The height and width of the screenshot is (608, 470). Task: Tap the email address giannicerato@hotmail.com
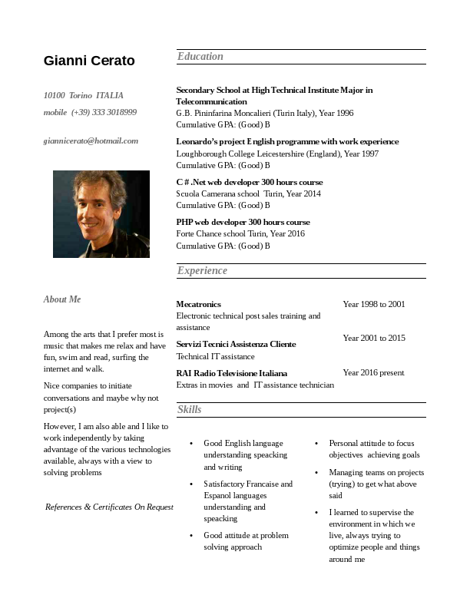[x=91, y=140]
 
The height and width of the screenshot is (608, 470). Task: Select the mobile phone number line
[x=90, y=112]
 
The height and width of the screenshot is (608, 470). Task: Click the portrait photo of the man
[x=101, y=214]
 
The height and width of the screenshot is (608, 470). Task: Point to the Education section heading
[x=200, y=56]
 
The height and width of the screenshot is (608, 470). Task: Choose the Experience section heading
[x=202, y=270]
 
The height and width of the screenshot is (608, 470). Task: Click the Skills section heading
[x=189, y=409]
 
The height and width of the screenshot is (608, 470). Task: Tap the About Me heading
[x=62, y=299]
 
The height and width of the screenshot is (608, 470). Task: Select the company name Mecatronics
[x=198, y=304]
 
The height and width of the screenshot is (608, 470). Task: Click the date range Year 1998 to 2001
[x=373, y=304]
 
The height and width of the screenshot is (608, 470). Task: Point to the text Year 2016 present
[x=373, y=372]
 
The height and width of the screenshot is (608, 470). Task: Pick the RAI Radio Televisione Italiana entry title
[x=231, y=372]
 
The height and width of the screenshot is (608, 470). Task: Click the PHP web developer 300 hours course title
[x=243, y=222]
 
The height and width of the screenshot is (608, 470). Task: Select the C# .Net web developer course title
[x=249, y=182]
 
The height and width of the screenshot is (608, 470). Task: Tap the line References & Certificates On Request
[x=109, y=507]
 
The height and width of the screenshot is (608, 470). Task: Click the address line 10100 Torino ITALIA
[x=83, y=95]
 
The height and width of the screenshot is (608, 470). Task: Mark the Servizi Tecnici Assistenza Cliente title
[x=236, y=344]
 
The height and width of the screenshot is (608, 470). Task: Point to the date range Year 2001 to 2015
[x=373, y=338]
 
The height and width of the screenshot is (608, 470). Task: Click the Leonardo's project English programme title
[x=287, y=141]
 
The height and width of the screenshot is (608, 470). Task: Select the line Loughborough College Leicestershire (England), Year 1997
[x=277, y=154]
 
